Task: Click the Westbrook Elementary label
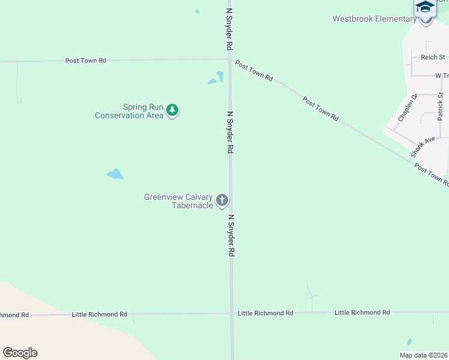pyautogui.click(x=375, y=19)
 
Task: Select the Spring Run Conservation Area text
pyautogui.click(x=128, y=111)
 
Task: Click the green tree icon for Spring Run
pyautogui.click(x=172, y=110)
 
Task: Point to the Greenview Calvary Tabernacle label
pyautogui.click(x=178, y=201)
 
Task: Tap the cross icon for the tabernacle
pyautogui.click(x=222, y=200)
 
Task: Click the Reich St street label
pyautogui.click(x=432, y=57)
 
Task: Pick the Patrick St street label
pyautogui.click(x=441, y=107)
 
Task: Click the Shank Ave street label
pyautogui.click(x=423, y=147)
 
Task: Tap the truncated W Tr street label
pyautogui.click(x=442, y=76)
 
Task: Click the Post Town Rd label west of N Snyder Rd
pyautogui.click(x=85, y=61)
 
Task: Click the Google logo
pyautogui.click(x=20, y=353)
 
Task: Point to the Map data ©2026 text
pyautogui.click(x=424, y=355)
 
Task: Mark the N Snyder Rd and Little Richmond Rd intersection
pyautogui.click(x=232, y=313)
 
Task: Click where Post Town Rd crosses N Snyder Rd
pyautogui.click(x=230, y=59)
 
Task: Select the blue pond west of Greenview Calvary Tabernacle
pyautogui.click(x=115, y=175)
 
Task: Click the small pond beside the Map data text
pyautogui.click(x=409, y=342)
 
